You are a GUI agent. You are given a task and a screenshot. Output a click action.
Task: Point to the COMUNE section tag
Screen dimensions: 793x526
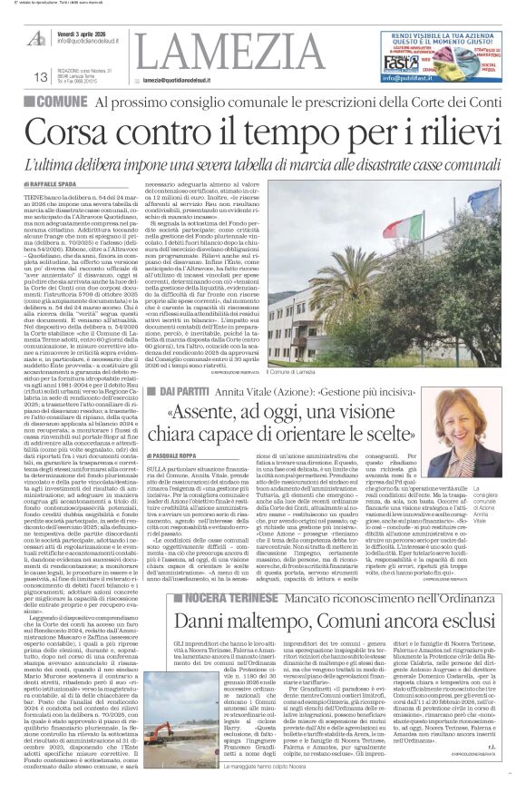[58, 103]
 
